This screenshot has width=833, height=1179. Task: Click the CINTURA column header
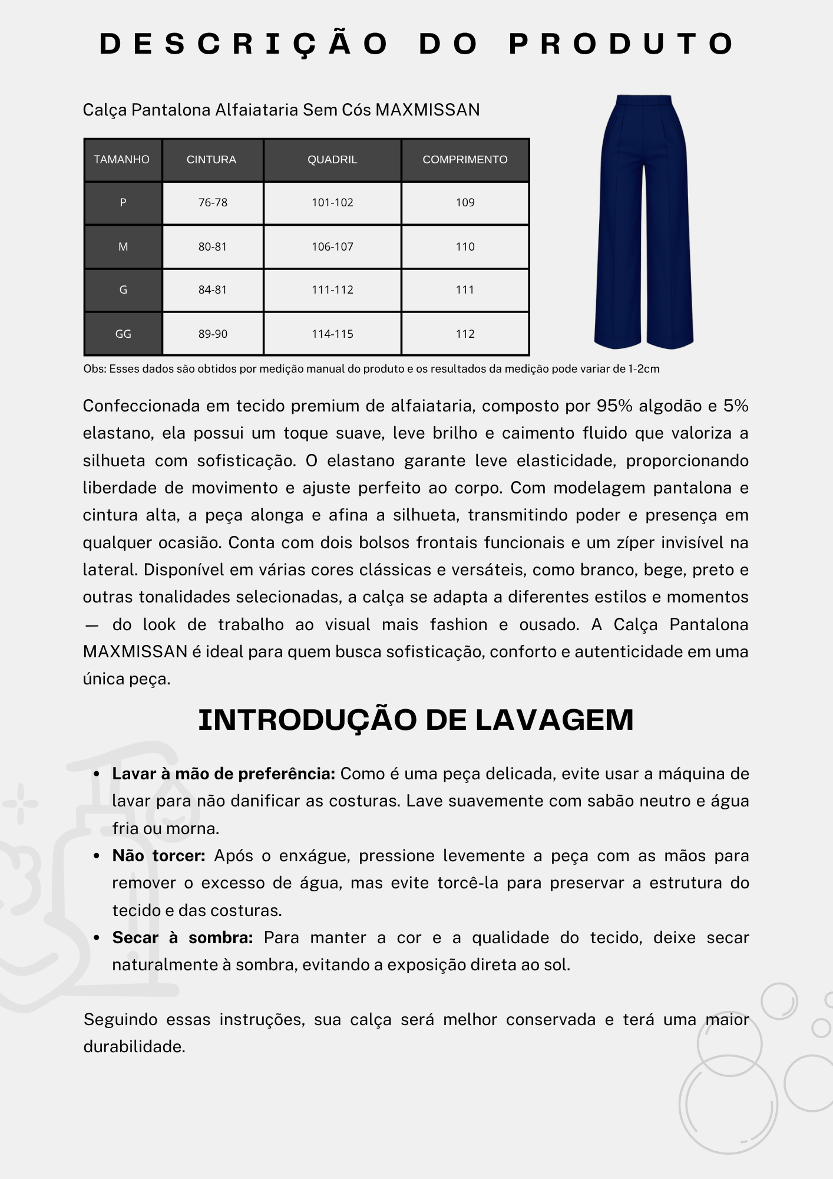211,160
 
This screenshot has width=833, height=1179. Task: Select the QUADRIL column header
332,160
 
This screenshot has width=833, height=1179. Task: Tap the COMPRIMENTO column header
465,160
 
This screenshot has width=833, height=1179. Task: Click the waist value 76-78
213,203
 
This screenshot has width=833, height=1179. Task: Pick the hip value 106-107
332,247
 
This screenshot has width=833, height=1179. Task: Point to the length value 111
465,290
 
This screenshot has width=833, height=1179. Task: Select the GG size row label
123,334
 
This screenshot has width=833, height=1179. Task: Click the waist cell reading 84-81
213,290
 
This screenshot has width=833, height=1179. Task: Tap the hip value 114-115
332,334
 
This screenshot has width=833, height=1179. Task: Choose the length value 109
465,203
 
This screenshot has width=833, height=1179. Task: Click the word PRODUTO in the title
622,44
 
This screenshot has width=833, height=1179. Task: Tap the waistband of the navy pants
643,99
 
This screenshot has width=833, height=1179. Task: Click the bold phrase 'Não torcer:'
158,856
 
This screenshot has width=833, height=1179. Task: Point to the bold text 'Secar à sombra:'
183,938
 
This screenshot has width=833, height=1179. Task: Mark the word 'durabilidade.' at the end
134,1047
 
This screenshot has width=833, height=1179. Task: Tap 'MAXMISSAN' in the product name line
427,110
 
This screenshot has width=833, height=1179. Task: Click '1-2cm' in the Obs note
644,369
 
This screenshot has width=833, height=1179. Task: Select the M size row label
123,247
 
